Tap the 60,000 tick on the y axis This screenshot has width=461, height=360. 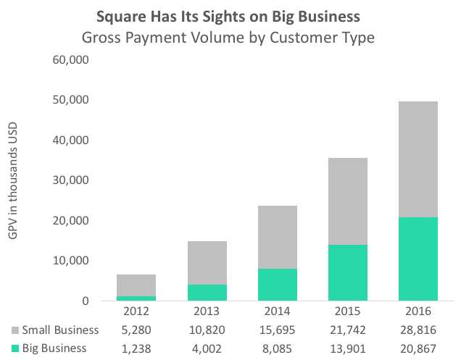tap(71, 59)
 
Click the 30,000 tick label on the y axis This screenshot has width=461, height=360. tap(71, 180)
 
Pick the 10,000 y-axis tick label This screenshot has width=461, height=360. tap(71, 261)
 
